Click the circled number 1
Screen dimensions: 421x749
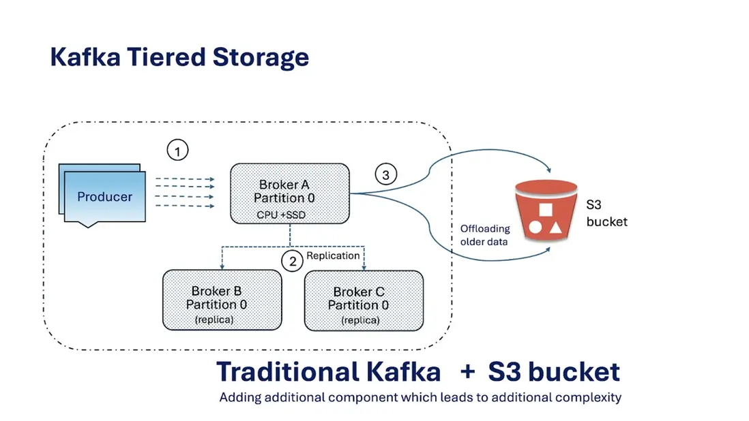[177, 151]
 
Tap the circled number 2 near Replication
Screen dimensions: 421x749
[293, 261]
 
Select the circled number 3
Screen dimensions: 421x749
[386, 175]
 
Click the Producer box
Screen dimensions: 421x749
[104, 197]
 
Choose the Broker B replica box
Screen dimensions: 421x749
[222, 300]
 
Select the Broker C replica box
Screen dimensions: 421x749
[363, 300]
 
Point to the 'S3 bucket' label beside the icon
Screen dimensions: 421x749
[606, 213]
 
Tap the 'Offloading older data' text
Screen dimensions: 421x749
[484, 235]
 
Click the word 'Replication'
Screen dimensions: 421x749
[333, 255]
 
